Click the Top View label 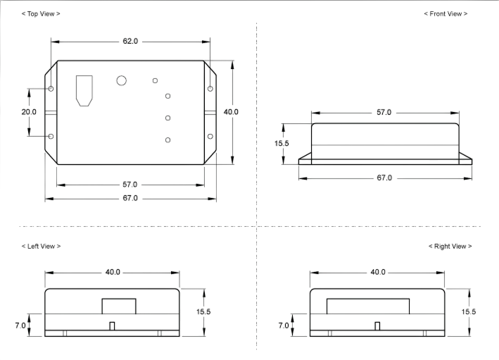(41, 13)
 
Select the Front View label (446, 13)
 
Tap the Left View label (41, 247)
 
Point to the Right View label (450, 247)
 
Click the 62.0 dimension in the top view (130, 42)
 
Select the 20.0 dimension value (29, 112)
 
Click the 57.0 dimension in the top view (130, 185)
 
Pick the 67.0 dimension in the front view (384, 178)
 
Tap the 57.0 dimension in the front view (384, 113)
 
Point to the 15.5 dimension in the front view (282, 143)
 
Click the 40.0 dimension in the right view (378, 272)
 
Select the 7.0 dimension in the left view (20, 325)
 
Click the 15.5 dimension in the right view (469, 311)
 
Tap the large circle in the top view (121, 80)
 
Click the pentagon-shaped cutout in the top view (84, 91)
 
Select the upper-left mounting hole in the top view (51, 89)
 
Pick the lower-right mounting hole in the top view (210, 137)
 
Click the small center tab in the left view (112, 326)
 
